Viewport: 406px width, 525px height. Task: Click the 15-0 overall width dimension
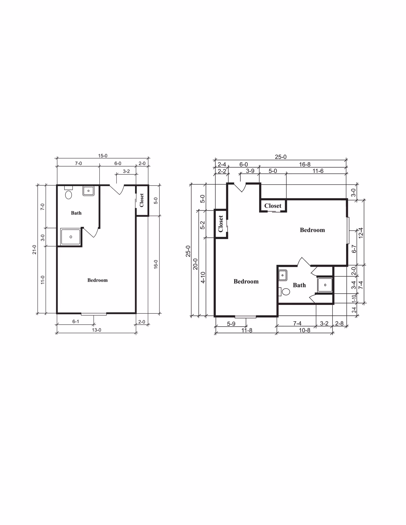tap(103, 156)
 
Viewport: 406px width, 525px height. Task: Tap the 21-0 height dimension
tap(35, 250)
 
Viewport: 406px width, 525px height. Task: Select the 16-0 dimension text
tap(156, 264)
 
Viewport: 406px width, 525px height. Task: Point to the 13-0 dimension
tap(96, 330)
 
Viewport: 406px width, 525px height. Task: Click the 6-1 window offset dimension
tap(76, 322)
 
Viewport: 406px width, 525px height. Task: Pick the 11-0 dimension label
tap(43, 280)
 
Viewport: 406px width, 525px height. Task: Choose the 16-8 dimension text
tap(305, 164)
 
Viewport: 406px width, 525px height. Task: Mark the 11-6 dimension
tap(318, 171)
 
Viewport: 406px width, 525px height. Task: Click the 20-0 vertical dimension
tap(195, 264)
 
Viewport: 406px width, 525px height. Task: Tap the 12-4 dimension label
tap(361, 233)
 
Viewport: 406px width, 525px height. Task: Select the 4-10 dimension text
tap(203, 277)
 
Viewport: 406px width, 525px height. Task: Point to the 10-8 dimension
tap(304, 330)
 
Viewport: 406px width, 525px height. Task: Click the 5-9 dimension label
tap(231, 324)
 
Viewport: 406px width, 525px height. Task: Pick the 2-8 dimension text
tap(339, 323)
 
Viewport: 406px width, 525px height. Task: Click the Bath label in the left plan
tap(76, 213)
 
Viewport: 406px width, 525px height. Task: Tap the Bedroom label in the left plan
tap(97, 280)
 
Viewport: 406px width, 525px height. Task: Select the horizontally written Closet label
tap(273, 206)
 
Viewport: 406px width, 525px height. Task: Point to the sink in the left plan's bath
tap(88, 191)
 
